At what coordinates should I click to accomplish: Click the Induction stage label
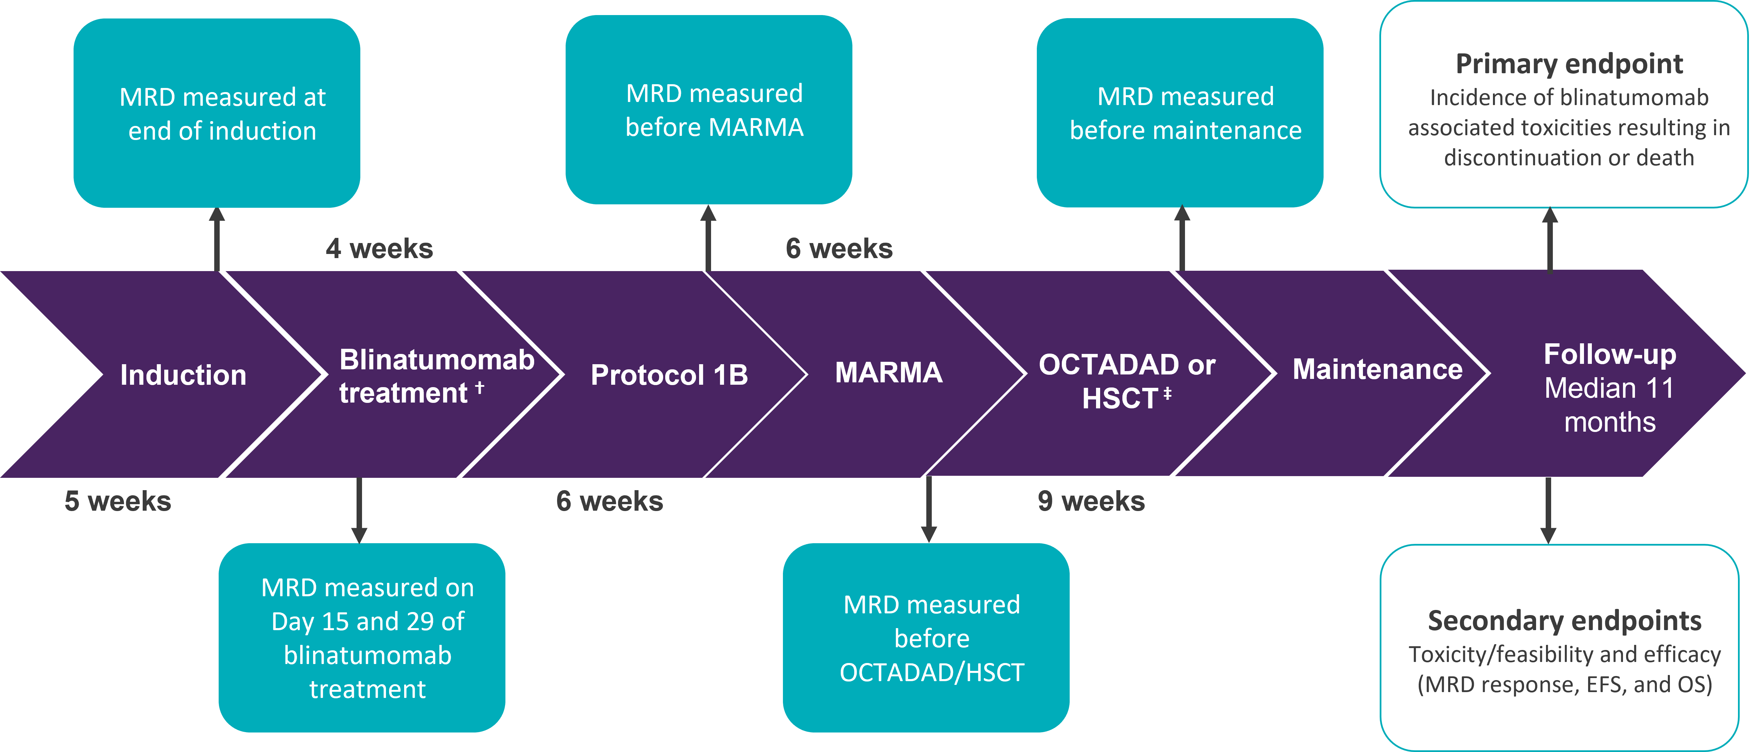pos(183,375)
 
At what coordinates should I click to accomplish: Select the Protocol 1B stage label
pos(669,375)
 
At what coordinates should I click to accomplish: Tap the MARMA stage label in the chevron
pos(888,372)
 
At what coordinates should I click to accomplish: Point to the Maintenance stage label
pos(1377,370)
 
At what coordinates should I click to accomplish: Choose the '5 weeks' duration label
pos(118,501)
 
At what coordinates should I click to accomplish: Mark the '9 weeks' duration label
pos(1091,501)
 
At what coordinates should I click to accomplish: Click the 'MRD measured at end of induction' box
pos(217,113)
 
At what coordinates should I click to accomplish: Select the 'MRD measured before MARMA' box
pos(709,110)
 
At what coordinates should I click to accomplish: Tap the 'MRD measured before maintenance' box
pos(1180,113)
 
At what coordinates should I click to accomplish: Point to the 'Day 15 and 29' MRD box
pos(362,638)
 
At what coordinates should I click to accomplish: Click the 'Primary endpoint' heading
pos(1569,64)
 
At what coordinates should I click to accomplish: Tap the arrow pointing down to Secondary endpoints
pos(1549,510)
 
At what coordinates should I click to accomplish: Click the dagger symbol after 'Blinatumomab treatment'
pos(479,386)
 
